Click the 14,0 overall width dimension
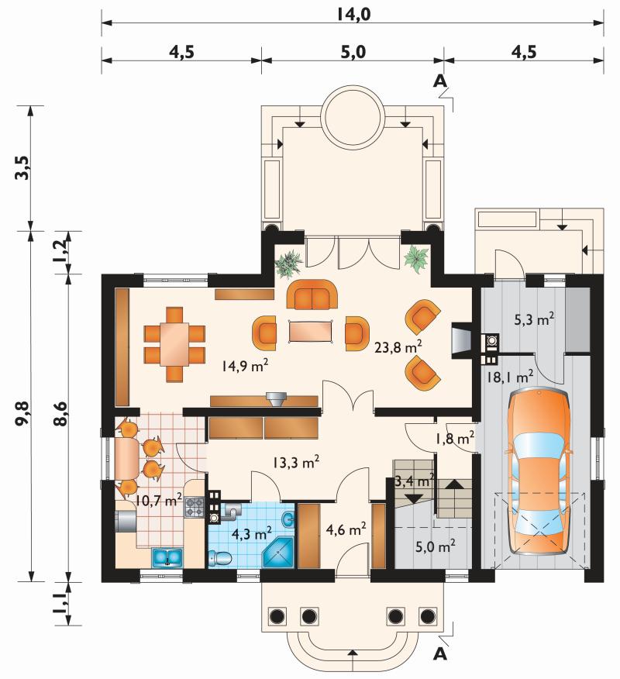pyautogui.click(x=353, y=14)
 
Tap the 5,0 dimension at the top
pyautogui.click(x=353, y=52)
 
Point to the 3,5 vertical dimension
pyautogui.click(x=24, y=167)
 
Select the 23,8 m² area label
pyautogui.click(x=398, y=346)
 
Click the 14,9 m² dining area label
pyautogui.click(x=245, y=367)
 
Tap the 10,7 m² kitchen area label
pyautogui.click(x=158, y=501)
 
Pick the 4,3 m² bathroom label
pyautogui.click(x=252, y=533)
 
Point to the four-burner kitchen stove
pyautogui.click(x=195, y=507)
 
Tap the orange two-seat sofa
pyautogui.click(x=312, y=294)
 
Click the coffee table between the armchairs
pyautogui.click(x=311, y=331)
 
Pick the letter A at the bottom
pyautogui.click(x=440, y=654)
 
